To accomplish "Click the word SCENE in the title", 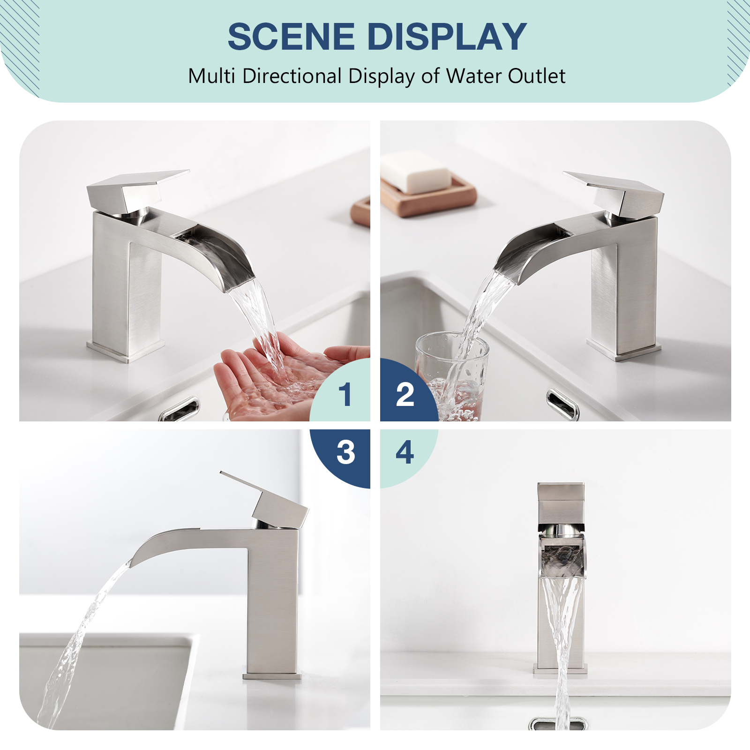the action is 291,37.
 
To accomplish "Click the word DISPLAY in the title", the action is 447,37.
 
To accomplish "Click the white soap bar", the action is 415,172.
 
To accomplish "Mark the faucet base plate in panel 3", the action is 272,676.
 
